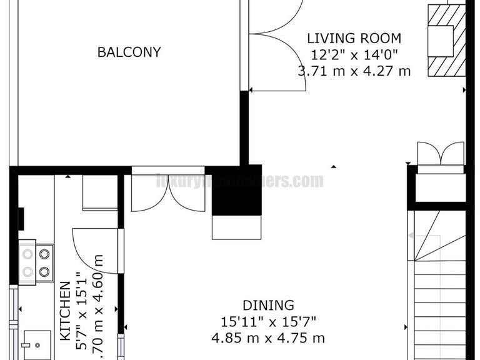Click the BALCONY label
(x=129, y=52)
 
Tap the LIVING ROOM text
(x=354, y=39)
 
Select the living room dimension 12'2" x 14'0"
(x=354, y=54)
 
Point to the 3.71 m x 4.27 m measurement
(x=354, y=71)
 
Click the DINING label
(x=268, y=306)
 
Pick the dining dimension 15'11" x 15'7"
(x=268, y=322)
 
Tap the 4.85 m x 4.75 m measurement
(x=268, y=339)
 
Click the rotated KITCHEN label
(x=65, y=310)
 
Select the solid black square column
(x=237, y=191)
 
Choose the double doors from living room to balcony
(x=275, y=47)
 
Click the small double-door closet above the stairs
(x=441, y=157)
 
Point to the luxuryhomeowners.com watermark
(x=240, y=181)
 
